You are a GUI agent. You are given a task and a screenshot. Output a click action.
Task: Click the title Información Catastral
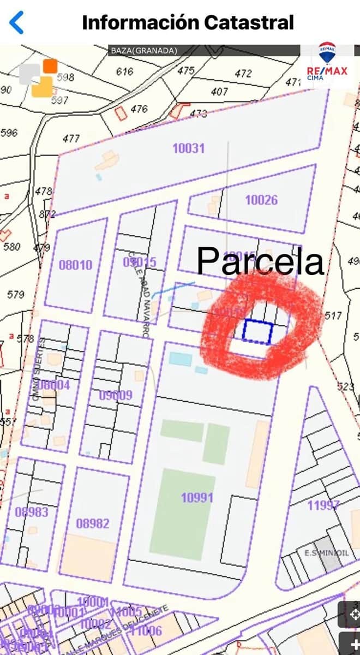click(188, 22)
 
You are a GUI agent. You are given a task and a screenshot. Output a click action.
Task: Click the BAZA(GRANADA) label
click(144, 51)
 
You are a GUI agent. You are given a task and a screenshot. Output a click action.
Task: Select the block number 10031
click(188, 148)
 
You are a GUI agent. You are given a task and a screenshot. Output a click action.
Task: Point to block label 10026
click(261, 200)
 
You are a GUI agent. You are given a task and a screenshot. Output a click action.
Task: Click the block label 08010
click(76, 265)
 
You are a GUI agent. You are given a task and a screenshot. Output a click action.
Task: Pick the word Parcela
click(260, 261)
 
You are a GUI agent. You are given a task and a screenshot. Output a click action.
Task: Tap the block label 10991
click(197, 497)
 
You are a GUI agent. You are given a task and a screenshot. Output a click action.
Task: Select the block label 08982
click(93, 523)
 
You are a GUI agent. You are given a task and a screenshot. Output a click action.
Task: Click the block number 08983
click(32, 512)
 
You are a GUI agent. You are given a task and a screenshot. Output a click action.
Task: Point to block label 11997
click(323, 505)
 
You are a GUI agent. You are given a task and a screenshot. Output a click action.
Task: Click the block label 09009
click(116, 395)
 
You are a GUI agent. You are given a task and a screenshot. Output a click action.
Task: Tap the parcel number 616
click(125, 72)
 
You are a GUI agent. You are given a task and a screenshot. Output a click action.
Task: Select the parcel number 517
click(332, 315)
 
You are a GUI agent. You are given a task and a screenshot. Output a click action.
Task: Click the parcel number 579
click(16, 295)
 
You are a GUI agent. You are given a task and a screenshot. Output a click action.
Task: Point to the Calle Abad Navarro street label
click(139, 295)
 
